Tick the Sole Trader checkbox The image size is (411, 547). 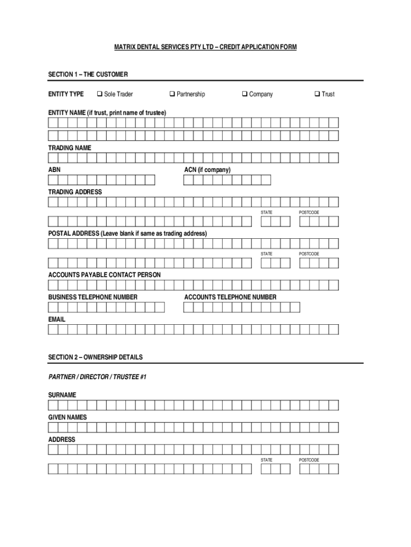(99, 95)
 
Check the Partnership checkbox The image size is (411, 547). (172, 95)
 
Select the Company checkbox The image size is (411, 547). (244, 95)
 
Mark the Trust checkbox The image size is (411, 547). (317, 95)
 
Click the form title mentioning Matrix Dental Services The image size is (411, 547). (205, 48)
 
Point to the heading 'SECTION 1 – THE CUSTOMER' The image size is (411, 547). (88, 74)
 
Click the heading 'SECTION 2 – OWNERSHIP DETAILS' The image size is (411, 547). (96, 357)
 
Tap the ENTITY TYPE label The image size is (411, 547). (66, 95)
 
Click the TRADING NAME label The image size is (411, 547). (70, 147)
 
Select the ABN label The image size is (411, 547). (54, 170)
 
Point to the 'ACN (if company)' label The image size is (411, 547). (208, 170)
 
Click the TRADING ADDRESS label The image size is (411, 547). (75, 192)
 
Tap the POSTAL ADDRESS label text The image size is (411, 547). (128, 233)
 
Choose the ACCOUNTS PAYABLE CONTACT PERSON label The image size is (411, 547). (105, 275)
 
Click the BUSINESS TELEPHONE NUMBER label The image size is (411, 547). (93, 297)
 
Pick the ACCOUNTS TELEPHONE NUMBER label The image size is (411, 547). (231, 297)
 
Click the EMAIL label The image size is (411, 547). (57, 319)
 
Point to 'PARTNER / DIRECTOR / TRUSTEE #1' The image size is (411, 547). (98, 377)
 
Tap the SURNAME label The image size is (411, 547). (62, 395)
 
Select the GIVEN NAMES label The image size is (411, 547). (68, 417)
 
